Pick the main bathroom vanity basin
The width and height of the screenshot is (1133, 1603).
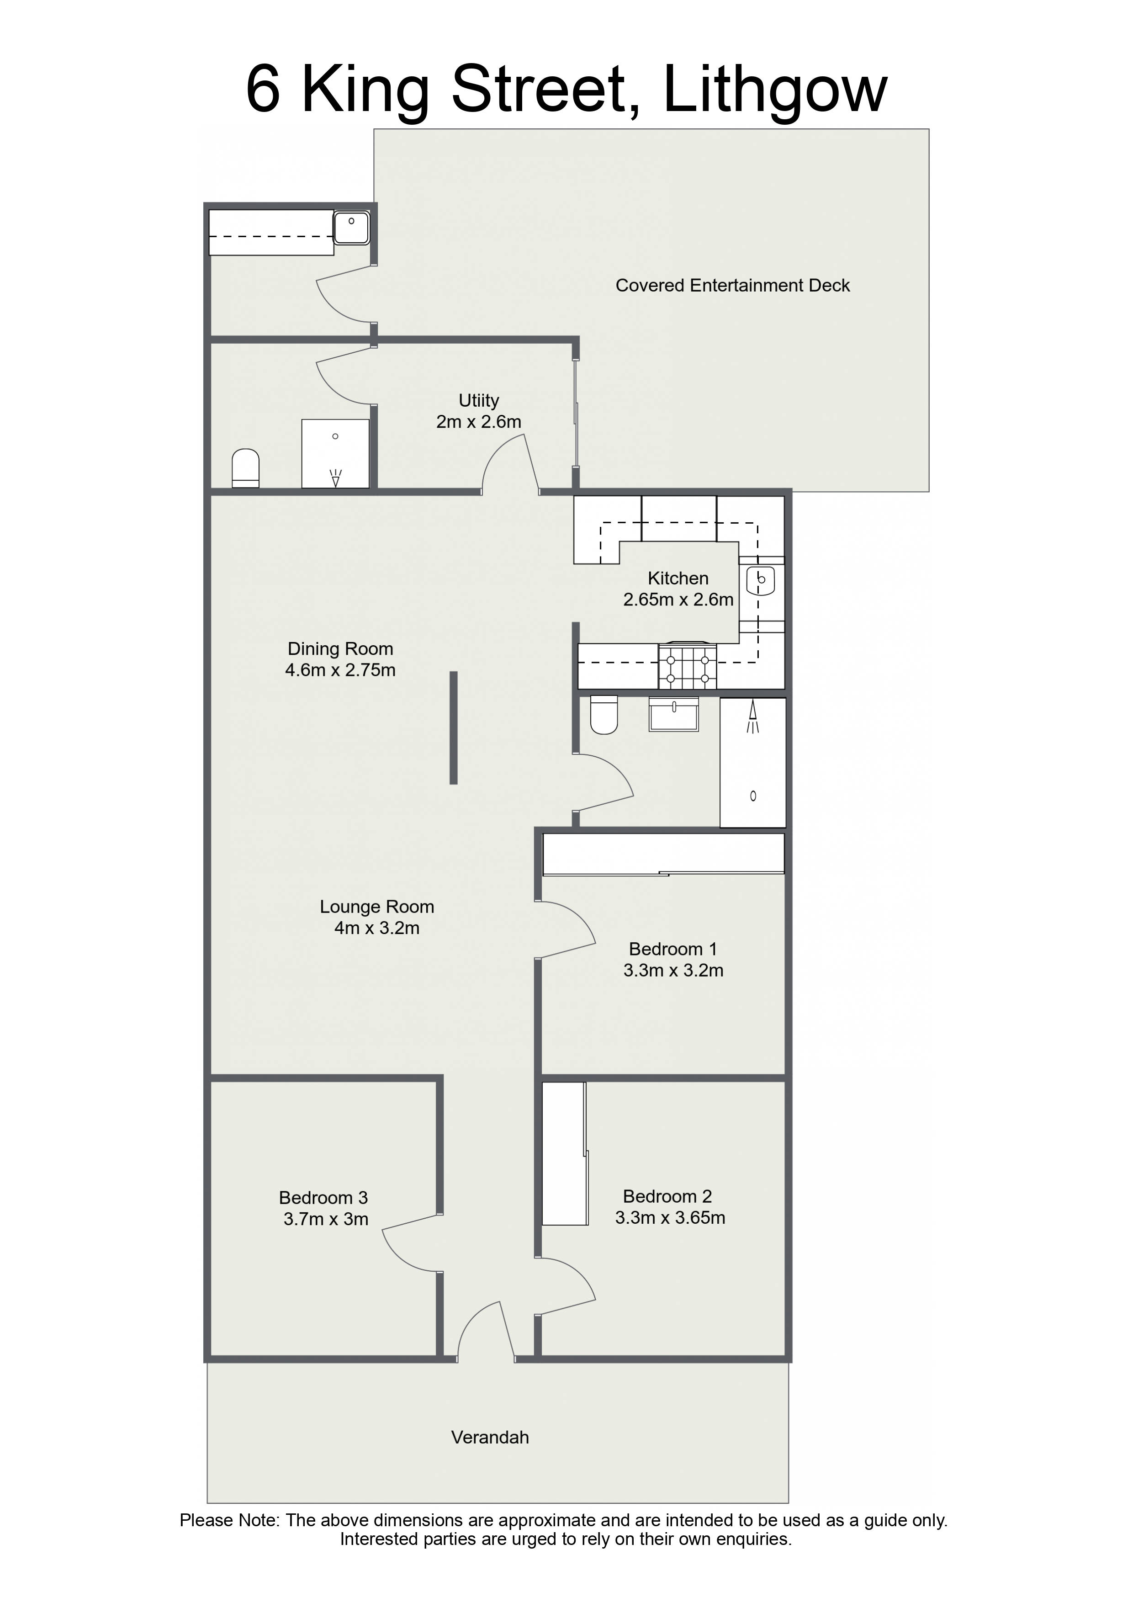click(674, 714)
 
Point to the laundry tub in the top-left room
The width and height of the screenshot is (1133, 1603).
click(351, 227)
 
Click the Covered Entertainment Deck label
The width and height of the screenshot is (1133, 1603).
click(732, 286)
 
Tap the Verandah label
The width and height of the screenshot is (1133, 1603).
click(490, 1438)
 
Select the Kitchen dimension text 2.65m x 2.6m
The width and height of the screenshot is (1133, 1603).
click(678, 600)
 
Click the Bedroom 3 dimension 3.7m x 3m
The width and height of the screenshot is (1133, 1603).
click(326, 1219)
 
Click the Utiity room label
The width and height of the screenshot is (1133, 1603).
click(479, 401)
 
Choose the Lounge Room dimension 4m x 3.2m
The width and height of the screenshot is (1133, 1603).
click(377, 928)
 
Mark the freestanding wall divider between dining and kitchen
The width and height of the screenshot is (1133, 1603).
click(453, 727)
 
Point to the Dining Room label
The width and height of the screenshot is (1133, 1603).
click(341, 649)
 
